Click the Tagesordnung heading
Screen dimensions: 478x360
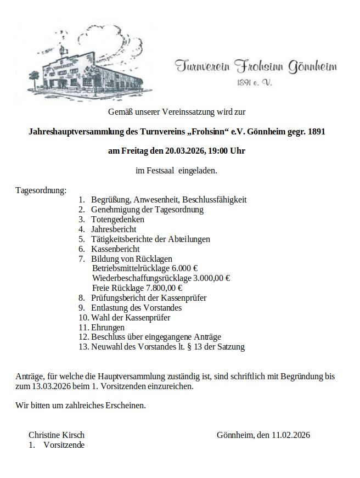(x=41, y=190)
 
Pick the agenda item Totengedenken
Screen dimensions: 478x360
(x=117, y=220)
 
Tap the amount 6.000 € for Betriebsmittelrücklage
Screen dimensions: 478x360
(x=185, y=268)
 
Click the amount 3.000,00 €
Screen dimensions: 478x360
(x=212, y=278)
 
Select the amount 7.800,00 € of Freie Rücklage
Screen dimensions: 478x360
(x=164, y=288)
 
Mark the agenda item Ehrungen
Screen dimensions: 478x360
(x=108, y=328)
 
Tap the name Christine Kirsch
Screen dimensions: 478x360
(x=57, y=435)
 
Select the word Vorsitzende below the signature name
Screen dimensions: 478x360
(x=64, y=445)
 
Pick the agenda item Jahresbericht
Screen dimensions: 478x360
(x=114, y=229)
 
